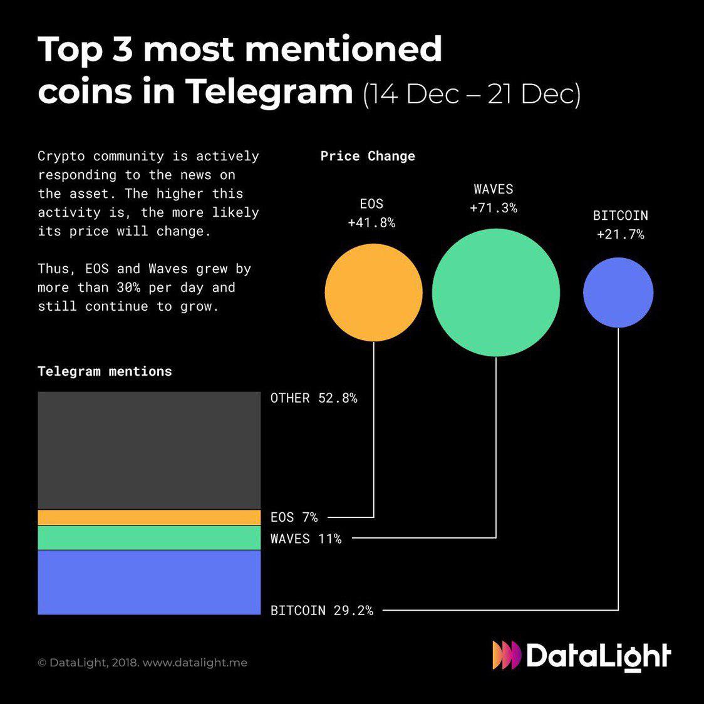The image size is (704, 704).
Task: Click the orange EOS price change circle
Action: pos(373,292)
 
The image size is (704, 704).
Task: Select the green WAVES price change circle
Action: pos(495,292)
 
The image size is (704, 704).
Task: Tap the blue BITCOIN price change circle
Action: pos(618,292)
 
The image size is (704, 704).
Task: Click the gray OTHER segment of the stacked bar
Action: pos(149,450)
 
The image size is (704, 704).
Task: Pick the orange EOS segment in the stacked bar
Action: pos(149,517)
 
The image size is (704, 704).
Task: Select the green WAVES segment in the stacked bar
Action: pos(149,537)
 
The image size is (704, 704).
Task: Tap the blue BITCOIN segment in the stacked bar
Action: pos(149,582)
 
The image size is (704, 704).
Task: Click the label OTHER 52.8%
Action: pos(314,398)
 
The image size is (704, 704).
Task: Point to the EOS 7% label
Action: pos(294,517)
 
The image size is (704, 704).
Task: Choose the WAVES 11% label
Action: pos(306,539)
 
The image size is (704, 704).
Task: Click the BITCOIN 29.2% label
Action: pos(321,610)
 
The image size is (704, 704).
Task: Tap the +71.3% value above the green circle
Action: pos(494,208)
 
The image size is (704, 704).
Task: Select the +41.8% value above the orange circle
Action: pos(371,223)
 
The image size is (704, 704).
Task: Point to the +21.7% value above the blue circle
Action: pos(620,235)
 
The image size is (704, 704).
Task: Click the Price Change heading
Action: pos(368,156)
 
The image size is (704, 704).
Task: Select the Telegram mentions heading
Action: pos(105,371)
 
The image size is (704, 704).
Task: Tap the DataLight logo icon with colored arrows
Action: pos(506,655)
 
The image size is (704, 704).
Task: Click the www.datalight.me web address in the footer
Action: pos(195,663)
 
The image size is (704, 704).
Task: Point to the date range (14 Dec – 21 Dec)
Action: pos(472,94)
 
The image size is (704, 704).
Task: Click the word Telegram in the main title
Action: pos(269,91)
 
